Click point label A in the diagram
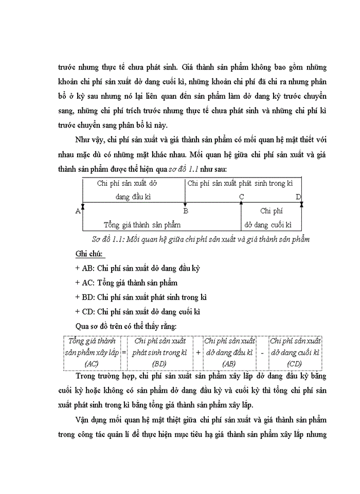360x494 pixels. pos(78,211)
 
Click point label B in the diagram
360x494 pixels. pos(186,211)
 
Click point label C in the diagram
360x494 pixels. pos(241,197)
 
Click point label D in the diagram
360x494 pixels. pos(298,197)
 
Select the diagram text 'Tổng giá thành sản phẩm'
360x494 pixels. pos(142,225)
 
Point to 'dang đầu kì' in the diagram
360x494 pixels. pos(133,197)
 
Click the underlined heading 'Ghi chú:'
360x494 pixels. pos(89,254)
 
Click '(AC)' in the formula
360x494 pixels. pos(92,364)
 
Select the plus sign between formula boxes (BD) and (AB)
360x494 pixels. pos(198,354)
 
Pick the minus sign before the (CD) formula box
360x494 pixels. pos(262,354)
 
